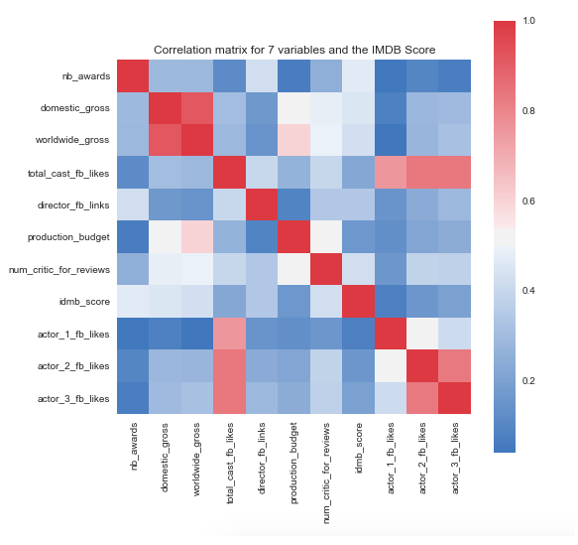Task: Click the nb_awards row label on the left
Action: [84, 75]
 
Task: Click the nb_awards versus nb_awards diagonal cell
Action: [134, 75]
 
